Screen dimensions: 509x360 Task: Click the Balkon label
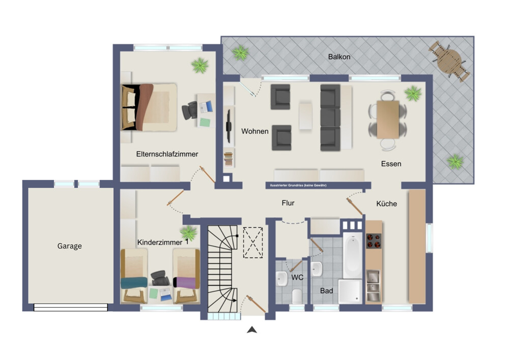tap(339, 57)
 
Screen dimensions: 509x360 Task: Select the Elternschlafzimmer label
tap(167, 154)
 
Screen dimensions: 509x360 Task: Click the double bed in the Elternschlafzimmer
tap(149, 107)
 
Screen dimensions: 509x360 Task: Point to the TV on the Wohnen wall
tap(229, 126)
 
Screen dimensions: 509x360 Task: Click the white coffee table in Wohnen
tap(305, 116)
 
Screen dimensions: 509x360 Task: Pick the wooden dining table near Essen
tap(387, 120)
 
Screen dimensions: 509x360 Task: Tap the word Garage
tap(69, 246)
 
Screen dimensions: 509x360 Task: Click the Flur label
tap(288, 203)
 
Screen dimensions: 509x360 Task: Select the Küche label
tap(386, 204)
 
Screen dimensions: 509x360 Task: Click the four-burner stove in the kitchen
tap(374, 241)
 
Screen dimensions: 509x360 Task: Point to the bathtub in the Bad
tap(353, 255)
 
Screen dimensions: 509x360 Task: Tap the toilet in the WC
tap(297, 296)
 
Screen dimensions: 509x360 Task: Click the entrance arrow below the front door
tap(252, 330)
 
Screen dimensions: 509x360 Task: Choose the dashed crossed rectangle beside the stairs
tap(253, 242)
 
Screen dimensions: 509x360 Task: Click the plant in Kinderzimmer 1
tap(188, 233)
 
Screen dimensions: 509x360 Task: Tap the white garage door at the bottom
tap(70, 308)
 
